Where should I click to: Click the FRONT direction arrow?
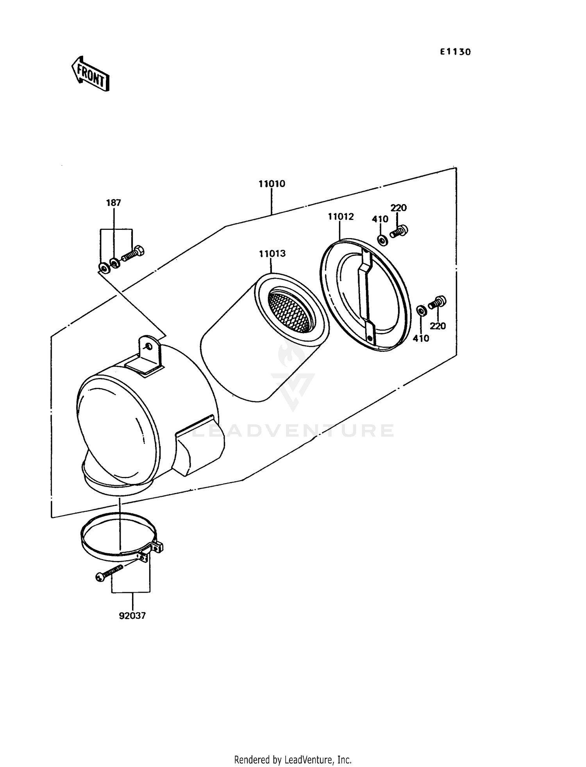90,74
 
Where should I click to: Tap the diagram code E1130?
455,52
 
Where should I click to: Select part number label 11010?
272,184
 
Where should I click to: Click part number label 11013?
272,254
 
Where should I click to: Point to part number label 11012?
341,217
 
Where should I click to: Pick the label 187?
113,203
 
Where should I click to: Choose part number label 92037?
132,616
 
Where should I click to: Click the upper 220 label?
398,208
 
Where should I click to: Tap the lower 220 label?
438,326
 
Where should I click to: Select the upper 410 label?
380,219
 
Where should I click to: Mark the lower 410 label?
421,338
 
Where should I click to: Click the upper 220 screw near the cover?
399,232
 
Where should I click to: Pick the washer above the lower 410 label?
421,311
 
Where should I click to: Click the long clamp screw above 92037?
109,572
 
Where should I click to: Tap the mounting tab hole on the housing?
149,346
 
